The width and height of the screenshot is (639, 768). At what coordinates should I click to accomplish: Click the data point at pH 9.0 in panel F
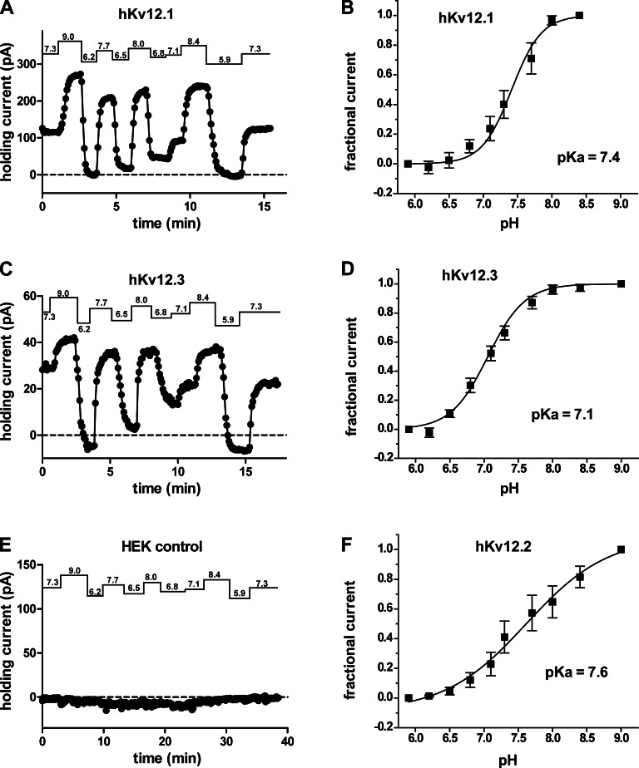click(621, 549)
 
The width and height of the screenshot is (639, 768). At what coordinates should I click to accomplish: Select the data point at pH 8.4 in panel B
click(580, 15)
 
